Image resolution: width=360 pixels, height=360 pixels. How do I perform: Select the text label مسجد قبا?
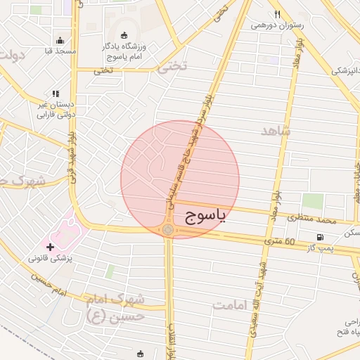point(60,52)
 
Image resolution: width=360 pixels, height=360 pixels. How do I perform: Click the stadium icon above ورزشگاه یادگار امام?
point(125,36)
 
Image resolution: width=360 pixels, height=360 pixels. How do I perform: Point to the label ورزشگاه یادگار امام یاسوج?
point(128,51)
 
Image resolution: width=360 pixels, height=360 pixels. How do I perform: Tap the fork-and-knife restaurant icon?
point(278,14)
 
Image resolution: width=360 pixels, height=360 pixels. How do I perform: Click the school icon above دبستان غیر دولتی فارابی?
point(55,94)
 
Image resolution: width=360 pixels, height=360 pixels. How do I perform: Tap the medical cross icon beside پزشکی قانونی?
point(50,247)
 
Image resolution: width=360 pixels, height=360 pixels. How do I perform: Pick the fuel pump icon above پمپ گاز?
point(321,237)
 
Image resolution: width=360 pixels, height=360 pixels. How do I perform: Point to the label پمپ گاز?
point(321,249)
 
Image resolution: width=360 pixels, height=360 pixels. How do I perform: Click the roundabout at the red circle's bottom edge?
point(168,229)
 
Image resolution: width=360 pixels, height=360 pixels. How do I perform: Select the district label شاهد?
point(274,131)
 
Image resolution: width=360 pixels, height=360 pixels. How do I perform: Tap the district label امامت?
point(232,305)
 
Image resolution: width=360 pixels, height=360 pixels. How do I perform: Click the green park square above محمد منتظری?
point(313,200)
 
